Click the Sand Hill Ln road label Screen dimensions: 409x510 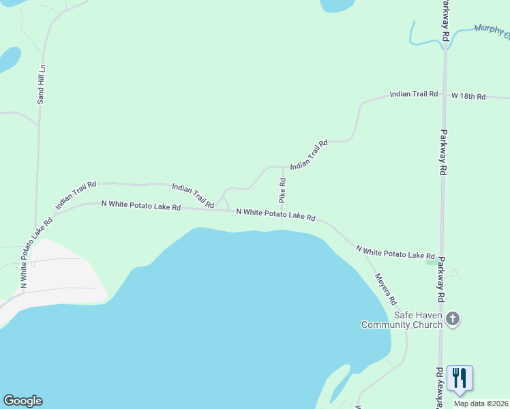[x=42, y=84]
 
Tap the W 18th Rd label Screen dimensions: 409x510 [x=468, y=97]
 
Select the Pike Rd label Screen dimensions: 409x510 [x=282, y=190]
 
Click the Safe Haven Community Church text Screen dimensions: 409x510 [x=402, y=320]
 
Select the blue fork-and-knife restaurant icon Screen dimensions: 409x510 [x=460, y=378]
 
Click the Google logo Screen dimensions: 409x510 [x=22, y=401]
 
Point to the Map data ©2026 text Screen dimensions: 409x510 [x=481, y=404]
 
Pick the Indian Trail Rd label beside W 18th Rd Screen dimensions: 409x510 [x=413, y=93]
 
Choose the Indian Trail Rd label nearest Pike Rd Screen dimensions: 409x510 [x=309, y=155]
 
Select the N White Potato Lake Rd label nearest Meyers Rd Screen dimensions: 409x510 [x=395, y=252]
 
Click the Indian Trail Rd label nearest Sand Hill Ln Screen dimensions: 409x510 [x=76, y=194]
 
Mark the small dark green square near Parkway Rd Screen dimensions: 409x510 [x=431, y=261]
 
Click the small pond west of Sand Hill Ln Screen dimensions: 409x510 [x=8, y=60]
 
